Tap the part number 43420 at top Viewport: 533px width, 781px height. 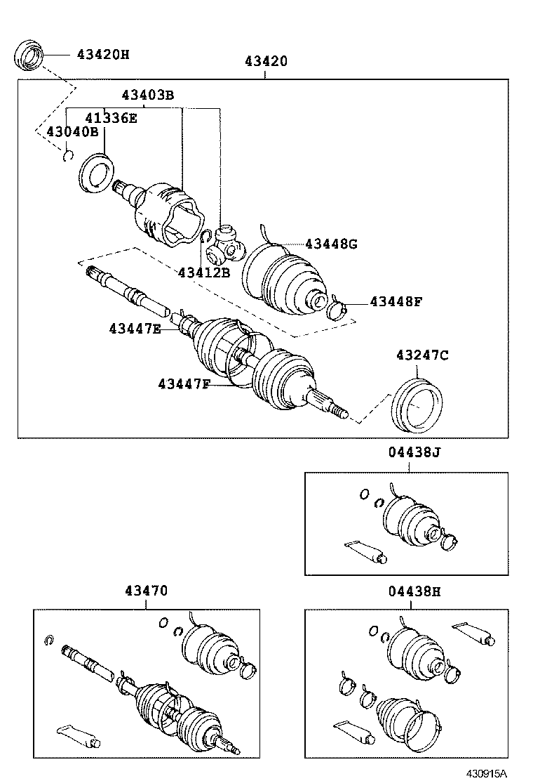coord(266,61)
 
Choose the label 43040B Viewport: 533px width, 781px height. coord(72,131)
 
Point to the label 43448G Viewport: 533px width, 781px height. coord(331,244)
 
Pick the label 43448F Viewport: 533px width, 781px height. coord(396,302)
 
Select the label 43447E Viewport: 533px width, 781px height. coord(135,328)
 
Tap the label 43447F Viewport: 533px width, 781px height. coord(184,383)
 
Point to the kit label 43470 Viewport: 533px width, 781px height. coord(147,591)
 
